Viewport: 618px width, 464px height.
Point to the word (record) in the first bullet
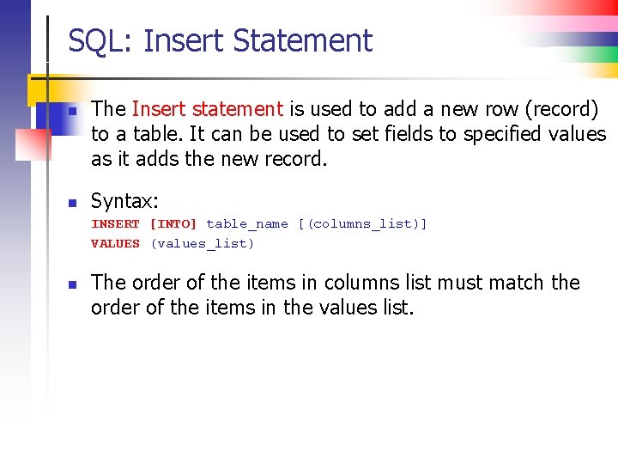click(561, 109)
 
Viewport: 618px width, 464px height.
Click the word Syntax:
click(125, 201)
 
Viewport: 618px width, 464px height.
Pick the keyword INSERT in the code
click(116, 224)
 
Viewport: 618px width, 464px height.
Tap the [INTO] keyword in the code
click(173, 224)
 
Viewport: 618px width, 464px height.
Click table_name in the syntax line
click(247, 224)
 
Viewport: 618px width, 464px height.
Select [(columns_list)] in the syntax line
click(362, 224)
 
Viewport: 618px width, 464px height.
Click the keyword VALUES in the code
click(116, 244)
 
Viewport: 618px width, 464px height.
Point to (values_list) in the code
click(203, 244)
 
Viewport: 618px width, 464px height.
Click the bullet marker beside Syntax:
click(74, 204)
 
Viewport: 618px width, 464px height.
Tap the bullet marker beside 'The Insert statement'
click(74, 112)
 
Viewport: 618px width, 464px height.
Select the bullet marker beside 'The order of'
click(74, 284)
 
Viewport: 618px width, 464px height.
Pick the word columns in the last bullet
click(354, 283)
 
